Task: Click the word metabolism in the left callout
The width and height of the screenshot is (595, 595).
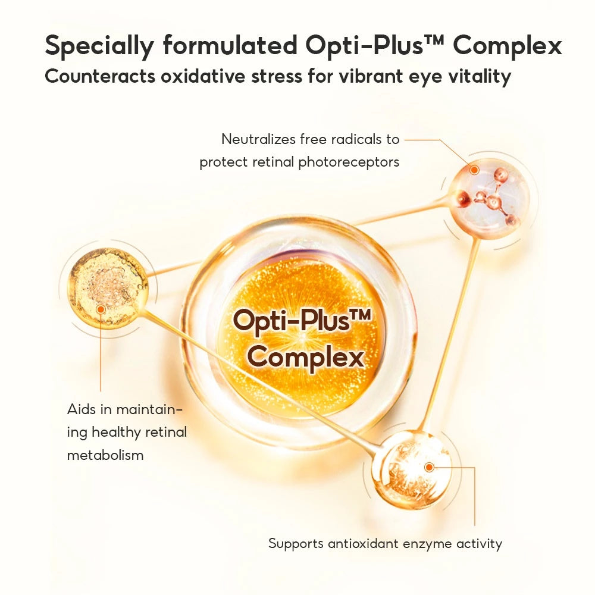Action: (105, 456)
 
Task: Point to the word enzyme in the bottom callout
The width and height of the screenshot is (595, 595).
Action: (428, 543)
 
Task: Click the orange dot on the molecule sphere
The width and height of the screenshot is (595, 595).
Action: (474, 170)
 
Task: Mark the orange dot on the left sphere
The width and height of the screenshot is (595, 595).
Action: (101, 309)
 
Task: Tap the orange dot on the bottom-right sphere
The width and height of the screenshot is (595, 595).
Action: (429, 468)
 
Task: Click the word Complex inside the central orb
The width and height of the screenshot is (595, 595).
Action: (305, 358)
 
